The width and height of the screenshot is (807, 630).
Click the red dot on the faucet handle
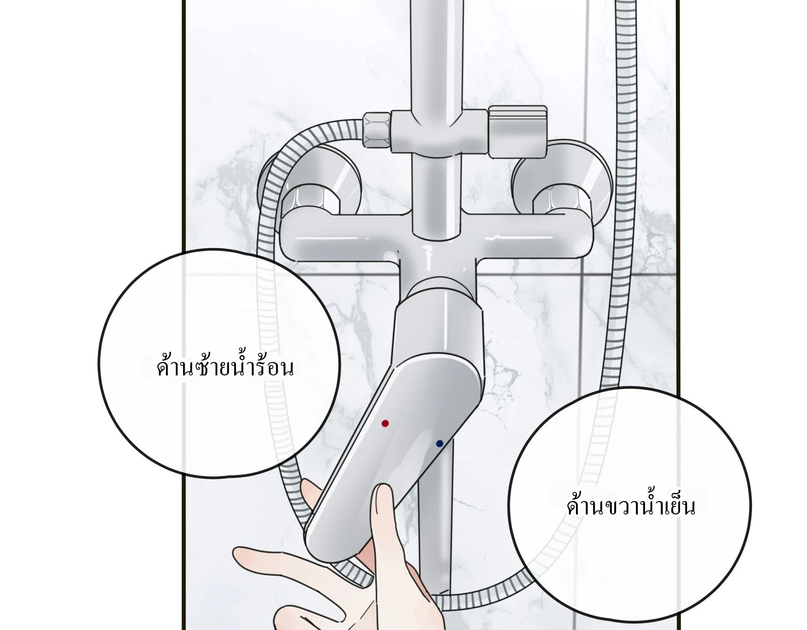[385, 423]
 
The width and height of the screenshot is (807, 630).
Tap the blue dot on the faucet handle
[440, 444]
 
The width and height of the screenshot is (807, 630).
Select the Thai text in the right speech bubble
[631, 506]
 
